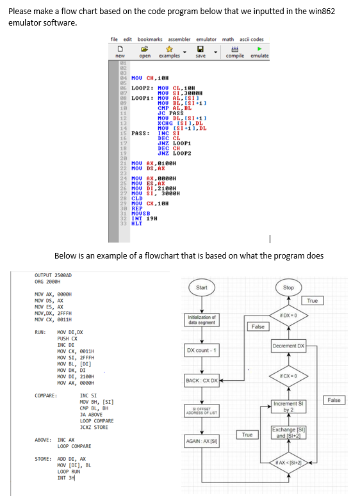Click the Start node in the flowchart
202,287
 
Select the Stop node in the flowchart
288,287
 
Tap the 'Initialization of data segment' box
202,319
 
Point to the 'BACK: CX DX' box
202,381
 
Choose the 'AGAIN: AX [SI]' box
202,442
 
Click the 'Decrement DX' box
288,346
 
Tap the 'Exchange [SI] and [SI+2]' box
288,433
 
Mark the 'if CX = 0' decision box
288,375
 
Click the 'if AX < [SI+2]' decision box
288,463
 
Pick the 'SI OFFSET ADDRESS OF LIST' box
202,412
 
